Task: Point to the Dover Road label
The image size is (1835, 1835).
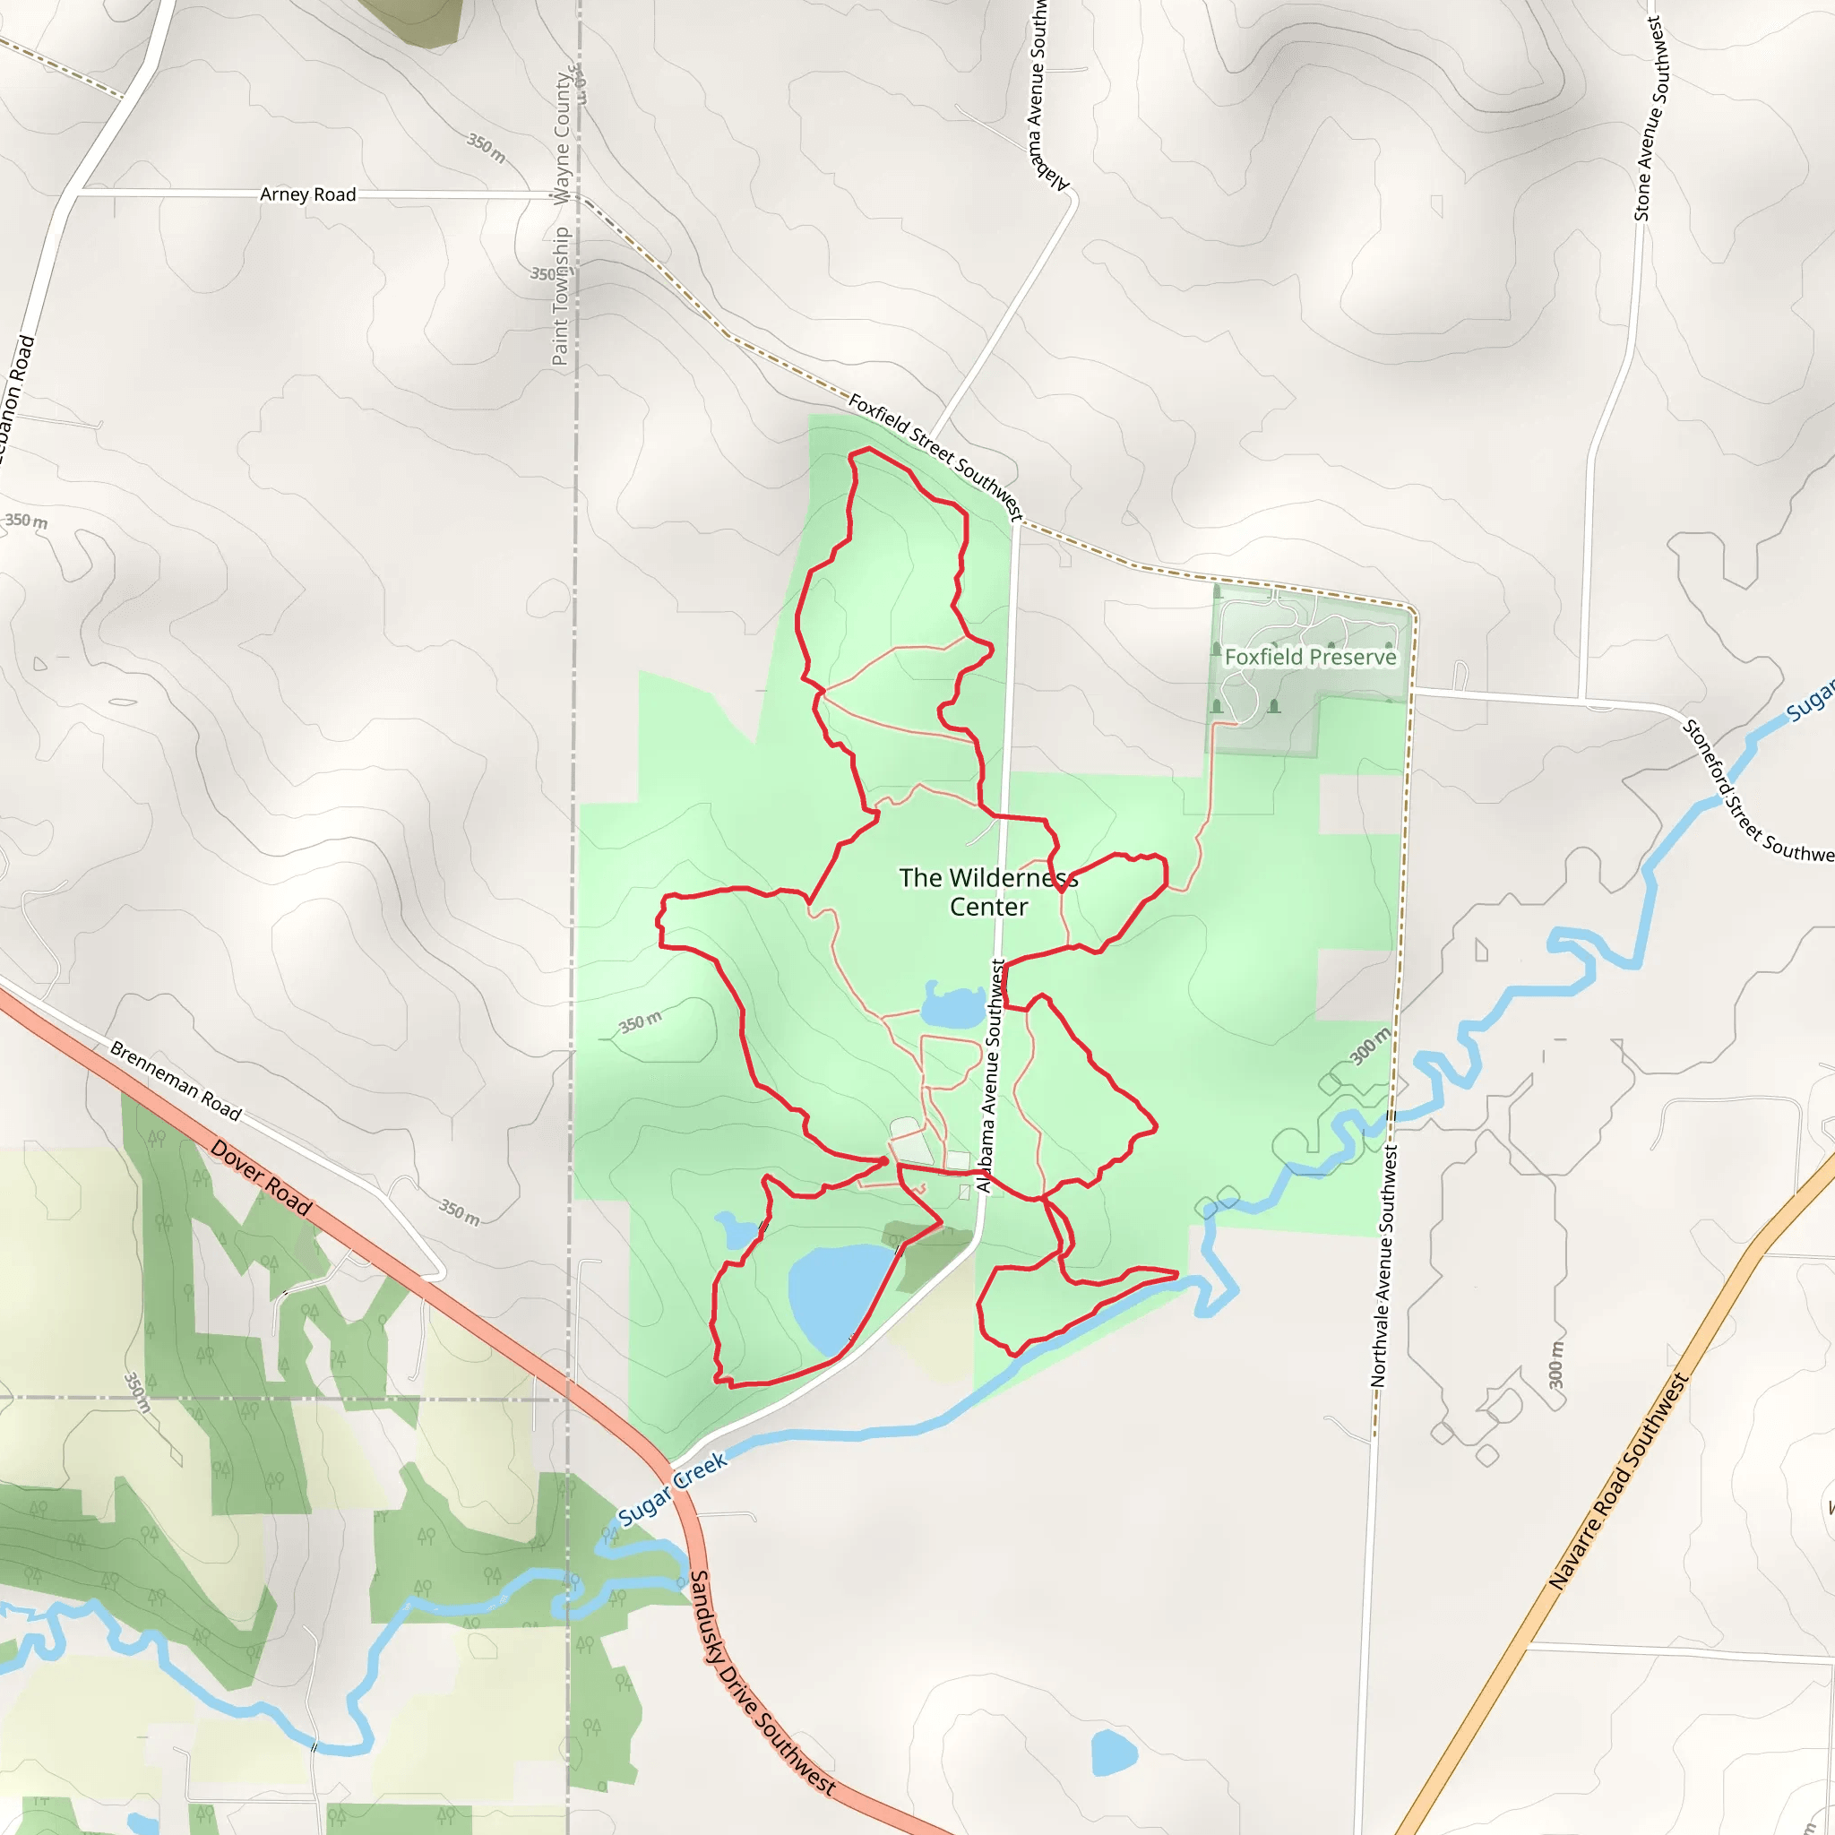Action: click(x=262, y=1177)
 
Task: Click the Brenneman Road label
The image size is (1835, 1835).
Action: click(x=176, y=1081)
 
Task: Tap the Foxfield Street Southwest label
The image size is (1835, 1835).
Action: click(x=935, y=458)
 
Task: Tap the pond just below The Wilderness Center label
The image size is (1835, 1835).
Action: click(x=952, y=1006)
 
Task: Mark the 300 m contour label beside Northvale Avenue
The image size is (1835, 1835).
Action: click(x=1370, y=1046)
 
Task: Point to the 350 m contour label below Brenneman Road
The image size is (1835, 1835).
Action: click(x=459, y=1212)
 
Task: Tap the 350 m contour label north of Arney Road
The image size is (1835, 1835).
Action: click(x=486, y=147)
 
